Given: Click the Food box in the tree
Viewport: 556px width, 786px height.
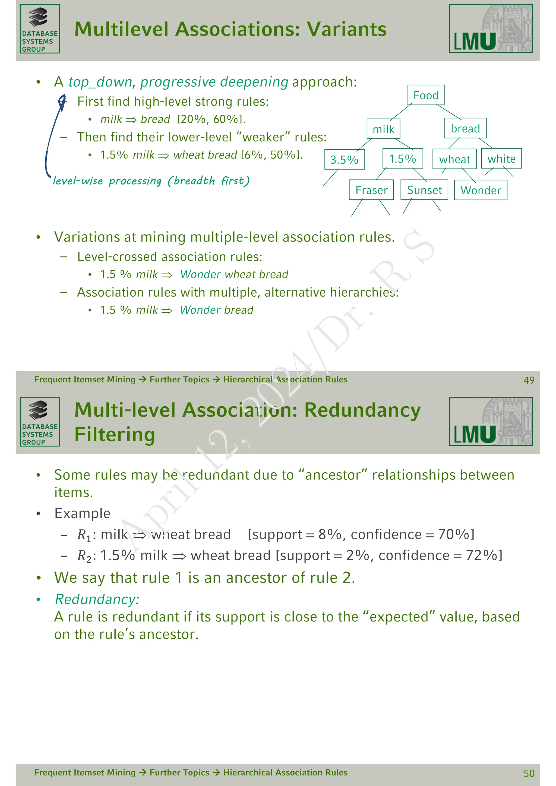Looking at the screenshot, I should tap(426, 95).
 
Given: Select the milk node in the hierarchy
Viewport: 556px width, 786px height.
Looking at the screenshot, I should tap(383, 129).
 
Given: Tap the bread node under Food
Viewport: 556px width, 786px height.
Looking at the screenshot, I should tap(465, 128).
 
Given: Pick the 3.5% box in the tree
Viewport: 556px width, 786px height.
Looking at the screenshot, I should tap(344, 160).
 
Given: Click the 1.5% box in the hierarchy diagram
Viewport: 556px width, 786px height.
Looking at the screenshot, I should tap(402, 159).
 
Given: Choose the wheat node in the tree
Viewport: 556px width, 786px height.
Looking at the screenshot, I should tap(454, 159).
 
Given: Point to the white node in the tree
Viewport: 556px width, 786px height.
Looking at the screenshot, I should tap(501, 159).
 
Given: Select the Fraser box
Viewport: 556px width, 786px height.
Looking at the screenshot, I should tap(371, 190).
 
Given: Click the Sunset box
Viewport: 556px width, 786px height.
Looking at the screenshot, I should tap(424, 190).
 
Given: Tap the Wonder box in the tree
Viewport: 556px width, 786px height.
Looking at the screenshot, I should tap(480, 190).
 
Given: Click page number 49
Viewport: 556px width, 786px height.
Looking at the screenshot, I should tap(529, 380).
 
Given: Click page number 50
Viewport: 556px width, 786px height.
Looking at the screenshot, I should tap(529, 773).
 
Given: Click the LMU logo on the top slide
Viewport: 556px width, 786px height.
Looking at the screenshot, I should tap(491, 29).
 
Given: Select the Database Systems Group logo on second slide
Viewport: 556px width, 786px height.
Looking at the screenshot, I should tap(40, 422).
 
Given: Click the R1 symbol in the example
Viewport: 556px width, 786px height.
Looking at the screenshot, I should tap(84, 535).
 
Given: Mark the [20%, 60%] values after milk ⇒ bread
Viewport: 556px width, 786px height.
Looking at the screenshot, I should tap(211, 119).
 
